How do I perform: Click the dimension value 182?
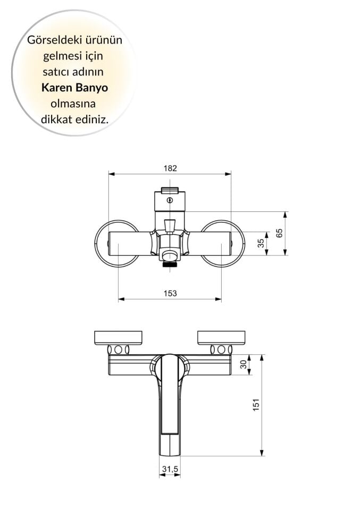pyautogui.click(x=170, y=168)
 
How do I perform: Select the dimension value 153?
pyautogui.click(x=170, y=293)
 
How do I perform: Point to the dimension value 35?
pyautogui.click(x=260, y=243)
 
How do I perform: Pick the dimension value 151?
pyautogui.click(x=256, y=405)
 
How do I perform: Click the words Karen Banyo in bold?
pyautogui.click(x=74, y=88)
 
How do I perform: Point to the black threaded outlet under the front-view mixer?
pyautogui.click(x=170, y=263)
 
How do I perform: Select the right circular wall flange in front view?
pyautogui.click(x=235, y=243)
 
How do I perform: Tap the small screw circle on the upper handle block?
pyautogui.click(x=170, y=200)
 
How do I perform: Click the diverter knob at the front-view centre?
pyautogui.click(x=170, y=226)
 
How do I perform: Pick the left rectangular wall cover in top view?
pyautogui.click(x=118, y=337)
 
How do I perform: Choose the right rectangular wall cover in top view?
pyautogui.click(x=221, y=337)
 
